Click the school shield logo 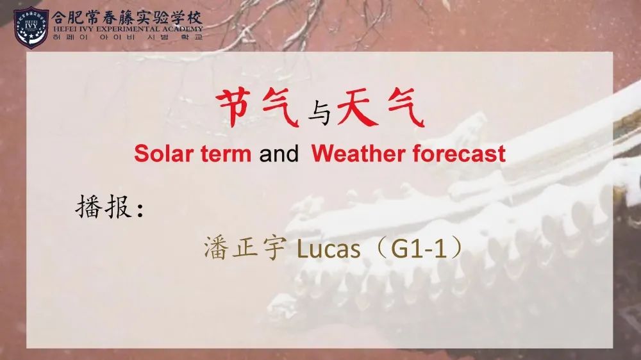click(x=31, y=28)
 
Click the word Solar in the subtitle click(x=163, y=154)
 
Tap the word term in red click(x=226, y=154)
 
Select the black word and click(x=279, y=154)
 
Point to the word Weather click(x=358, y=154)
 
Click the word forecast click(x=459, y=154)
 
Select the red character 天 click(x=356, y=108)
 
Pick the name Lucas click(x=328, y=249)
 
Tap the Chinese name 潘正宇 click(x=244, y=248)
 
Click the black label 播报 click(x=104, y=207)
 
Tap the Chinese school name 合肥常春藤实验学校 click(x=127, y=17)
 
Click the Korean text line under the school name click(x=128, y=37)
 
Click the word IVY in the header click(x=85, y=29)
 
